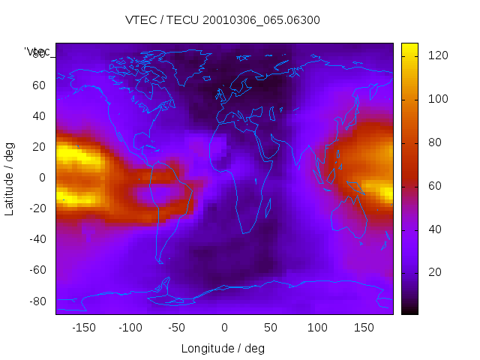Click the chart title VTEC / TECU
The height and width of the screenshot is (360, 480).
[x=222, y=20]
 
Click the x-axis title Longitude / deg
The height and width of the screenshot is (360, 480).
[x=223, y=348]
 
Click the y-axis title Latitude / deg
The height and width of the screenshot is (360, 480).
[x=10, y=177]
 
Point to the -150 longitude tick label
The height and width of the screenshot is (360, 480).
[x=84, y=328]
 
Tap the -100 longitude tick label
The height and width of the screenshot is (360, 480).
[x=130, y=328]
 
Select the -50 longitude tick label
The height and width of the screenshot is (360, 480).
[x=177, y=328]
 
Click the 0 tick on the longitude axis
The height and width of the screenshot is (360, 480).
[x=224, y=328]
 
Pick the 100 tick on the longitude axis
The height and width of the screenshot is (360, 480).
[x=317, y=328]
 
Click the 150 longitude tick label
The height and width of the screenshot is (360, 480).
[x=364, y=328]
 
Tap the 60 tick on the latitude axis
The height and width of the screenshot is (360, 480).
[x=38, y=85]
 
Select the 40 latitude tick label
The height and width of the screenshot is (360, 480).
[x=38, y=116]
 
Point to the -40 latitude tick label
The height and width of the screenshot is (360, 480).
[x=36, y=239]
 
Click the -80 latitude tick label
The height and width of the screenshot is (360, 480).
[x=36, y=301]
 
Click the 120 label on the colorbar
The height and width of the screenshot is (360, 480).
[x=438, y=55]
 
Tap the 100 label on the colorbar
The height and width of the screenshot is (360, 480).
[x=438, y=98]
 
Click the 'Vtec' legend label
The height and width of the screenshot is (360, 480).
[x=37, y=51]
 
